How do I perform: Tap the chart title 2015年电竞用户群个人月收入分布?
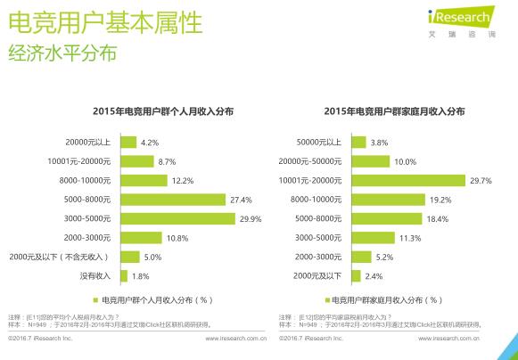(163, 111)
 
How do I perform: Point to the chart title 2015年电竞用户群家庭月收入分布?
(393, 111)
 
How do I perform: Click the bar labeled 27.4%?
(173, 200)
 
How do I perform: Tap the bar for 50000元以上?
(358, 143)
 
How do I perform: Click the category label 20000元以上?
(89, 143)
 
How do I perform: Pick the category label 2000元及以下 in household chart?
(320, 276)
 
